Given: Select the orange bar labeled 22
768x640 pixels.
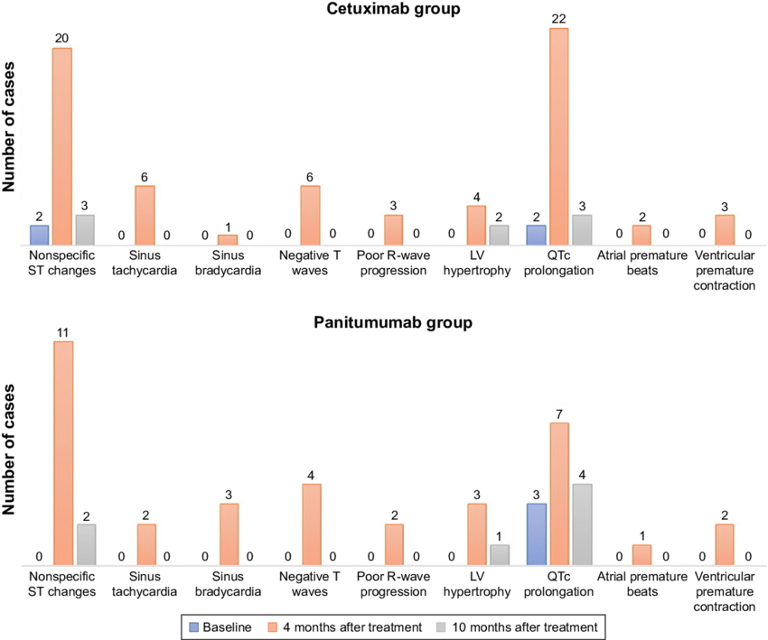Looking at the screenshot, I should coord(558,136).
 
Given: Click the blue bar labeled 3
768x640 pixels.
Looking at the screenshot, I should coord(536,534).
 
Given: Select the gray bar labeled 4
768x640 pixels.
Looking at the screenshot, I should coord(581,524).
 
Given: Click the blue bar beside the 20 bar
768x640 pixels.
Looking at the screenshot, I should coord(40,235).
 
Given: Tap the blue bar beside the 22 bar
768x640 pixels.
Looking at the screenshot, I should coord(536,235).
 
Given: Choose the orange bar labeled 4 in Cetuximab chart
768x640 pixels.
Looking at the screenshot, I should coord(476,226).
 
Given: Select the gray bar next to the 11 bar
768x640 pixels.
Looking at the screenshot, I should coord(86,544).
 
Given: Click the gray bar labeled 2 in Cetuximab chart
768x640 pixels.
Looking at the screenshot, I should coord(498,235).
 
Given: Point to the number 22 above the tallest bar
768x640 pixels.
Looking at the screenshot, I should coord(558,18).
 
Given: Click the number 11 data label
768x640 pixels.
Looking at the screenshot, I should coord(62,331).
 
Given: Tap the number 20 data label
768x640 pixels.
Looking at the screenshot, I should coord(62,38).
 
